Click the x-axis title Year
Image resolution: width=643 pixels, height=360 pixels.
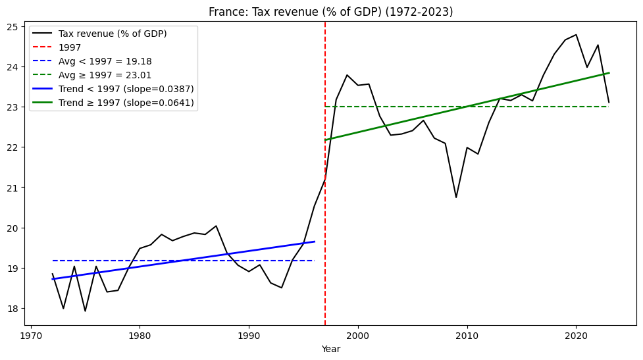pos(330,349)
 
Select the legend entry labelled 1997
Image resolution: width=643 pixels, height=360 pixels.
pos(70,47)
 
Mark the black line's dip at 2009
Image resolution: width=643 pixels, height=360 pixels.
pos(456,197)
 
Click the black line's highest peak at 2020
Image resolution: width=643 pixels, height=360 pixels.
pos(576,35)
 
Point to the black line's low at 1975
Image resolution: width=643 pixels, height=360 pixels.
pos(85,311)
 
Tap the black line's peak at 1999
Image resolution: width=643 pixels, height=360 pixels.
pos(347,75)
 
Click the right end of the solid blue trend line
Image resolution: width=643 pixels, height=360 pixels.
pos(314,242)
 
